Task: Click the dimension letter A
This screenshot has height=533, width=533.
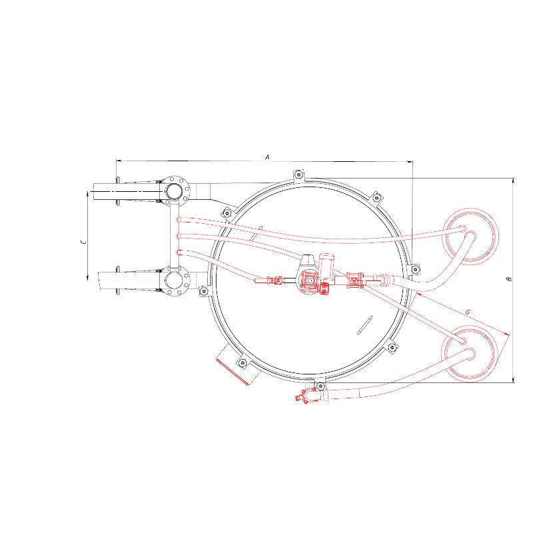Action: [x=267, y=157]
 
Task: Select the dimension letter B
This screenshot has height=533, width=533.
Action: [x=509, y=279]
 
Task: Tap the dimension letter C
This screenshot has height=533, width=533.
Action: [x=83, y=242]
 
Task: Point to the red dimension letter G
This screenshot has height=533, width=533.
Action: [x=468, y=312]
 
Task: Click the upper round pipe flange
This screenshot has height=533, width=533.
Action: [x=175, y=191]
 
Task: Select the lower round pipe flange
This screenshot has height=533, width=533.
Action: [x=175, y=280]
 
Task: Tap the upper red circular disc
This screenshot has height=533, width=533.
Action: [x=471, y=237]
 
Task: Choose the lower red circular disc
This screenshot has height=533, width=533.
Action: [x=470, y=353]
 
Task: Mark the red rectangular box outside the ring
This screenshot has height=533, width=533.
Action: [x=239, y=364]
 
